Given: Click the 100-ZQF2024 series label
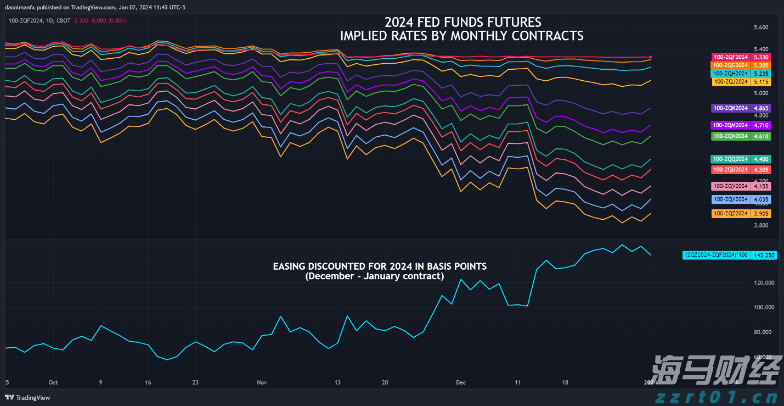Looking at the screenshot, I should (x=730, y=57).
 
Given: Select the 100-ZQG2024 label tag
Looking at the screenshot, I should (x=730, y=65).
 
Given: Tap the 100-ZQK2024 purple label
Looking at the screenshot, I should (x=730, y=108).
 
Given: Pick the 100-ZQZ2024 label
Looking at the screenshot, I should (x=730, y=213).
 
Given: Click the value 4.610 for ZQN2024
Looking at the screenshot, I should (x=762, y=136).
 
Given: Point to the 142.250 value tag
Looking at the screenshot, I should (x=764, y=255).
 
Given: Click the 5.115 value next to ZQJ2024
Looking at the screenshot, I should (x=762, y=82).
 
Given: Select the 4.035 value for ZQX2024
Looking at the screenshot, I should (x=762, y=199).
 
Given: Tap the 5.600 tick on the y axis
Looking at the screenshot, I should (x=761, y=27).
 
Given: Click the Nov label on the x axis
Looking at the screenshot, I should (x=261, y=382).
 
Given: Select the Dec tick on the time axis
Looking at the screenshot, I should (x=461, y=382).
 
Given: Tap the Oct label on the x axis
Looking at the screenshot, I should (x=53, y=382).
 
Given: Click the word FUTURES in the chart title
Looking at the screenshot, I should (x=516, y=23).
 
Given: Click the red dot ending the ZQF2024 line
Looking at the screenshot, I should (x=651, y=57).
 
